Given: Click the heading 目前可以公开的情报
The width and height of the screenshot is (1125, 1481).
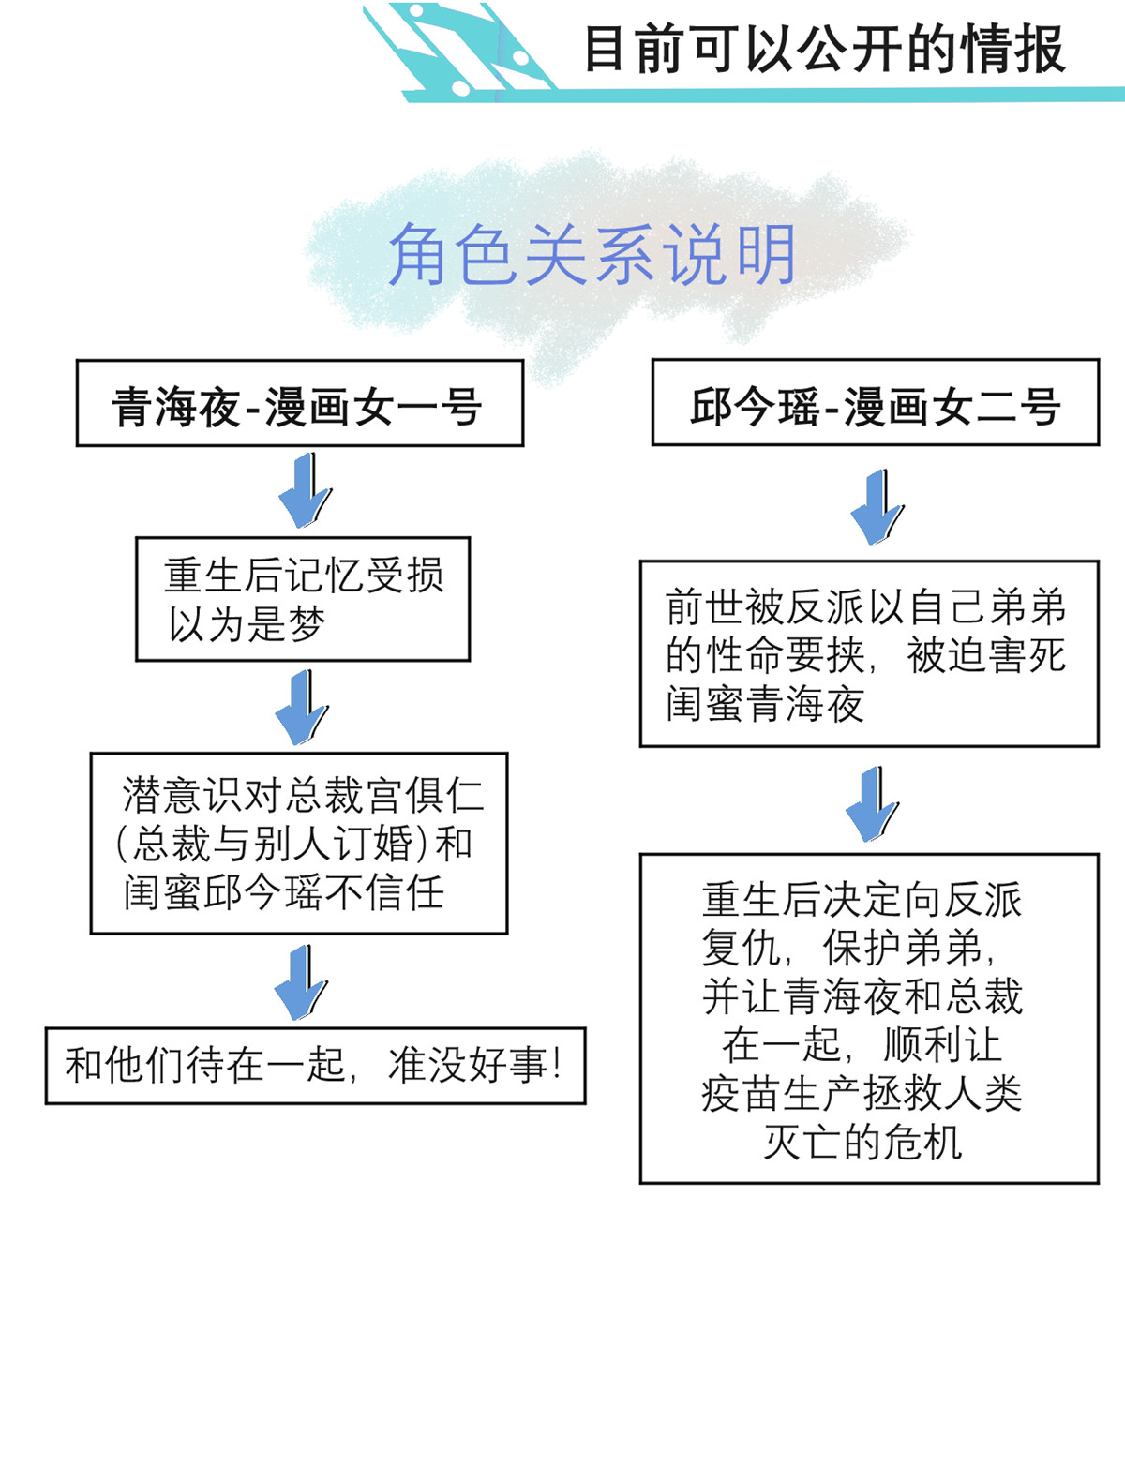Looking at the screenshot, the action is (824, 49).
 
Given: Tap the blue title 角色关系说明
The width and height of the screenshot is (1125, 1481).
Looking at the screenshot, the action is (592, 254).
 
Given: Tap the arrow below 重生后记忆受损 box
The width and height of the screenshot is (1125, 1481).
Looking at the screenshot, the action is (302, 708).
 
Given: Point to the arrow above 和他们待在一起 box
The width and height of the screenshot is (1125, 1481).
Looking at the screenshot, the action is (301, 982).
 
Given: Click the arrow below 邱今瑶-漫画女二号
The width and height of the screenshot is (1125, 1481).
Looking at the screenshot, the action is (877, 507).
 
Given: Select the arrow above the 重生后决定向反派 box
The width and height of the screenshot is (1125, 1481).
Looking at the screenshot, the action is (873, 803).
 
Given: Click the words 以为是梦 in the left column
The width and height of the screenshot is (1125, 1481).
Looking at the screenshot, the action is (247, 624).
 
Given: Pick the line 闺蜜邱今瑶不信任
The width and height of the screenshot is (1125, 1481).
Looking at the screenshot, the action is (284, 892).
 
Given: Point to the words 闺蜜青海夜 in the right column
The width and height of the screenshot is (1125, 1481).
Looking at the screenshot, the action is (765, 704).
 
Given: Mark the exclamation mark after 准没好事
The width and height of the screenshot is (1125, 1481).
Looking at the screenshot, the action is (556, 1064).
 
